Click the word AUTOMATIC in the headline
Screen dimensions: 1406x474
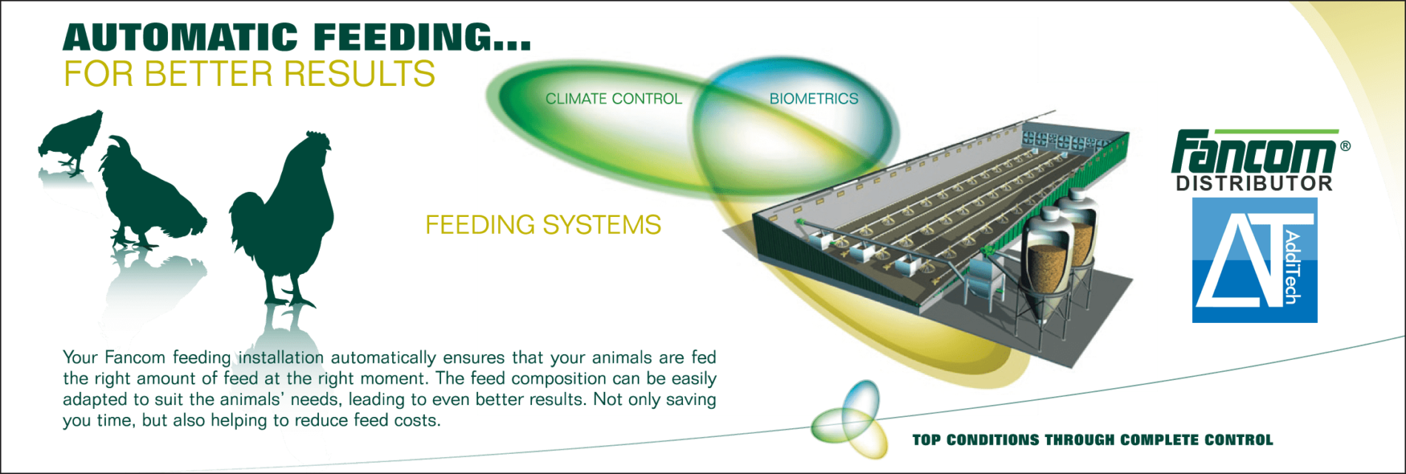[180, 37]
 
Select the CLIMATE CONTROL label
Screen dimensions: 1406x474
[613, 99]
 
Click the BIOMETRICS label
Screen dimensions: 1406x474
[814, 99]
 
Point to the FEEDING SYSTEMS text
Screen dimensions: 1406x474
[543, 224]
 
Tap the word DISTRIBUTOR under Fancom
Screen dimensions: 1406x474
[1254, 184]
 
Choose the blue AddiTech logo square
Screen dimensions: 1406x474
[1255, 259]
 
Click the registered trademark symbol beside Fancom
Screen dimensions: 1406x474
[1345, 146]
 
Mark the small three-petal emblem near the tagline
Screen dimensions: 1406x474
[849, 420]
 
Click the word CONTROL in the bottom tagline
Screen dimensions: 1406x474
[1239, 440]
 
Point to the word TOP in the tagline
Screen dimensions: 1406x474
[926, 440]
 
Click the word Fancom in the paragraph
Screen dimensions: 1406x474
[135, 358]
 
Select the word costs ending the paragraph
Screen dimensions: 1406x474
[418, 421]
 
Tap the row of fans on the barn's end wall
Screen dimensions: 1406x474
[1066, 140]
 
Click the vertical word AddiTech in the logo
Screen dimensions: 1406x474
[1292, 267]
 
